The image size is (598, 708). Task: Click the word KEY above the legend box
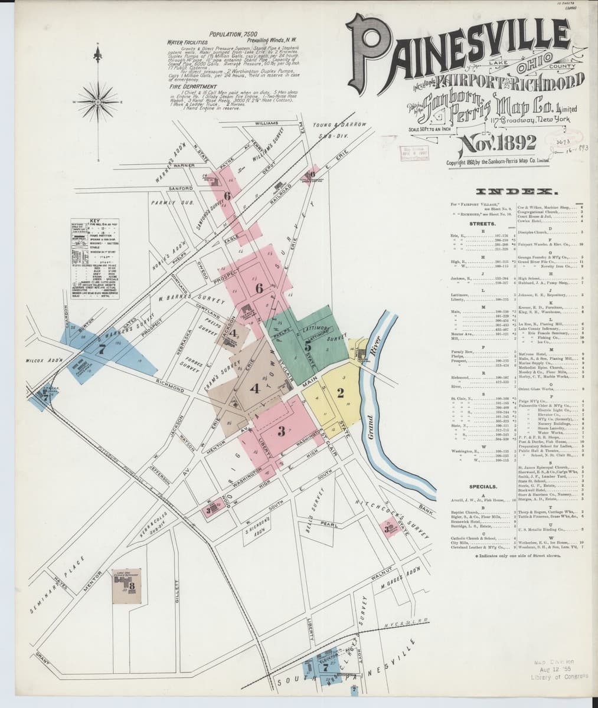click(96, 221)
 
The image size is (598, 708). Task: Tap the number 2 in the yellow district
click(340, 394)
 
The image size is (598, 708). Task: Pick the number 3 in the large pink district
click(282, 431)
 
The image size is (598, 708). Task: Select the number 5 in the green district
click(308, 347)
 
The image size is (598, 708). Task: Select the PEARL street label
click(329, 523)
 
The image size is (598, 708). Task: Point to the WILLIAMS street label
click(267, 124)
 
